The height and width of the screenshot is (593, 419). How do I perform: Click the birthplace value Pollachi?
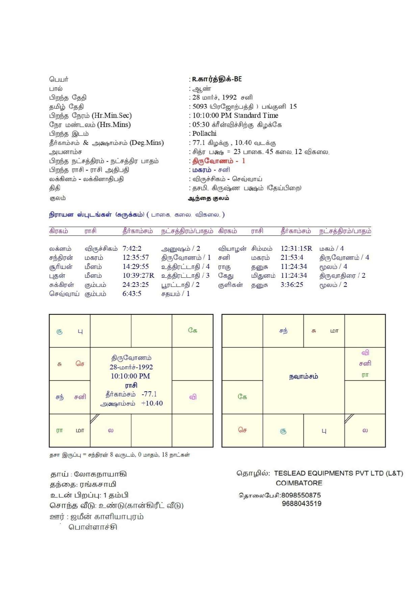204,133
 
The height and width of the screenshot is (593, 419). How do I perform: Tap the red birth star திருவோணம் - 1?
219,161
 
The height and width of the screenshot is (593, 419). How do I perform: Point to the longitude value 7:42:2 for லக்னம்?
132,249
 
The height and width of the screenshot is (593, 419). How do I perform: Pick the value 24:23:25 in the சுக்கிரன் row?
135,285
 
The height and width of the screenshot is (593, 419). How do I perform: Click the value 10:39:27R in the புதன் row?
138,276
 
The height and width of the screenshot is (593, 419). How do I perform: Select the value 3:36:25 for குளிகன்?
292,285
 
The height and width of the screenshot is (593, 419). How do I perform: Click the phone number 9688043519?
302,504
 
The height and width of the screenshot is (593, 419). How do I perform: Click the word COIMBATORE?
299,483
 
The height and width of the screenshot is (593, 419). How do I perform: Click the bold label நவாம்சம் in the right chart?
303,376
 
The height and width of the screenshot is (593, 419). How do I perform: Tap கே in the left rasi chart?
193,330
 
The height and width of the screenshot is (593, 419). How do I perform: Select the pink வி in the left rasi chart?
193,397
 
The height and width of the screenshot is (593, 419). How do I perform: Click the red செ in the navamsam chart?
242,430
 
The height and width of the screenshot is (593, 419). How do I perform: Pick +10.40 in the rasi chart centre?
152,403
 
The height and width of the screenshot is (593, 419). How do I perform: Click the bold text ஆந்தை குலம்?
208,198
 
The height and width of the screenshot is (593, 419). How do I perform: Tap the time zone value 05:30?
201,125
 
